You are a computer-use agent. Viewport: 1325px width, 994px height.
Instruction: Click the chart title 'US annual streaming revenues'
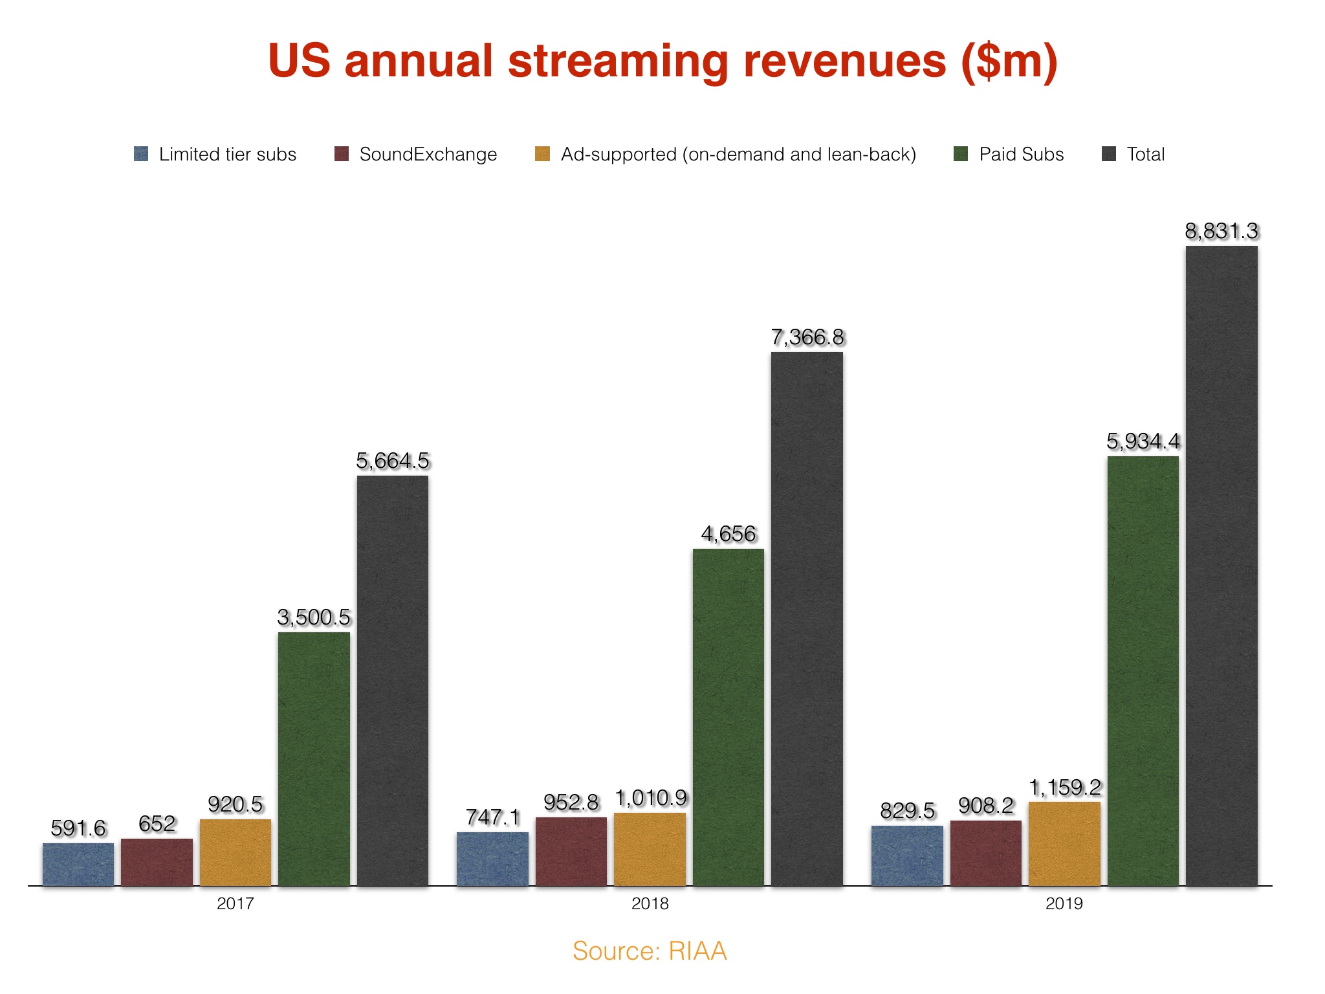point(662,61)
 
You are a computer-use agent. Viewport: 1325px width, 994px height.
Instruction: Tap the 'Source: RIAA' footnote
point(650,951)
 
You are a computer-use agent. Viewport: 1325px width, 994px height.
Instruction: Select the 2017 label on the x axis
point(235,903)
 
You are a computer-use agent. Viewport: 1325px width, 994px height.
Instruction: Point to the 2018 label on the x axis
point(650,903)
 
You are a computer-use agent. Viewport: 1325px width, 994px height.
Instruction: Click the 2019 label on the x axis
point(1064,903)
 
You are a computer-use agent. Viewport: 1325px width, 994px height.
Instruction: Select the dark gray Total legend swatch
point(1109,154)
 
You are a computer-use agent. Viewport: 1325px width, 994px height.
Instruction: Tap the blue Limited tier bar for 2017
point(78,865)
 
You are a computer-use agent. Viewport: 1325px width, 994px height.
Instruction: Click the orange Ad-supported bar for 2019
point(1064,844)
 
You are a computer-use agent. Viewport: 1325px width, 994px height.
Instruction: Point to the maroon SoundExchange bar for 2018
point(571,852)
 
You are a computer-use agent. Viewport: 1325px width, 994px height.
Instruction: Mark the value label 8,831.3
point(1221,231)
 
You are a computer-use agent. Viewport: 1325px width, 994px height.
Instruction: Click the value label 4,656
point(728,534)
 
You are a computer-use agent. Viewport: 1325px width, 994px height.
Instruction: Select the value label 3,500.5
point(314,617)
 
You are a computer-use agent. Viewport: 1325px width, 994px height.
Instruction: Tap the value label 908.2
point(986,806)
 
